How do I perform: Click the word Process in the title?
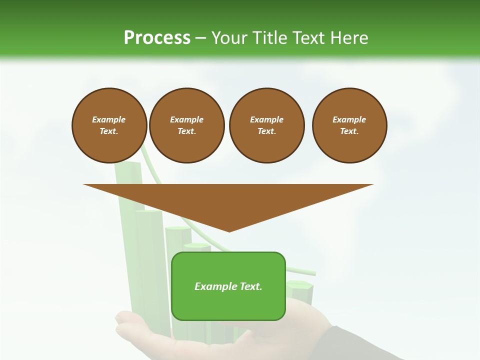point(157,37)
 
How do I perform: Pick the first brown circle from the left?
point(109,125)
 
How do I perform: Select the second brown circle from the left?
point(186,125)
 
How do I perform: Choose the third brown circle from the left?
point(266,125)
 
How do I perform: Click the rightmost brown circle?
point(349,125)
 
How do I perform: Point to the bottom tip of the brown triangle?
point(229,231)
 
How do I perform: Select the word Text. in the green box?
point(250,286)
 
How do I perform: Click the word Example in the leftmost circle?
point(109,120)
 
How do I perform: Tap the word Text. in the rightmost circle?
point(349,131)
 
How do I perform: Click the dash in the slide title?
point(200,38)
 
